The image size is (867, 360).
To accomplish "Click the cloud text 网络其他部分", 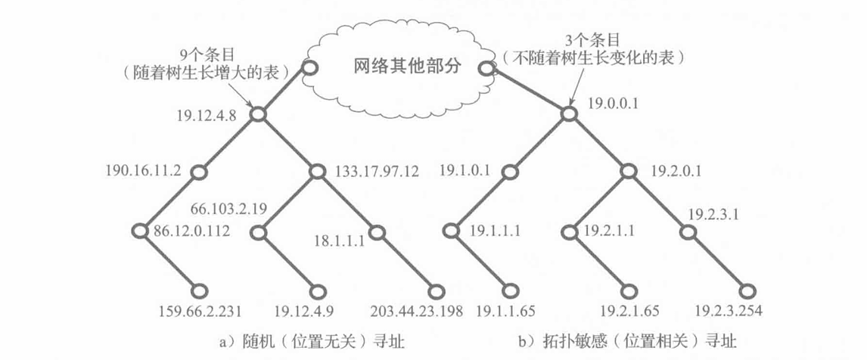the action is point(407,66).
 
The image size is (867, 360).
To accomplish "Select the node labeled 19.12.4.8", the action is point(257,115).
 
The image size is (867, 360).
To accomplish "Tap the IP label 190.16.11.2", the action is point(144,171).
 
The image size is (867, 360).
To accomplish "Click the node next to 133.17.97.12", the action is point(318,172).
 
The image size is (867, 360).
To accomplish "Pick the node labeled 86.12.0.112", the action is point(140,230).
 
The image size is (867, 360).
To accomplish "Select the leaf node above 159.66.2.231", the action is point(200,290).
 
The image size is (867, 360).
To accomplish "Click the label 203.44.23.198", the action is point(415,311).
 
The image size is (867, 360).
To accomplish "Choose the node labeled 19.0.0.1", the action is point(569,114).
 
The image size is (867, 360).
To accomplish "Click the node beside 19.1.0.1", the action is point(509,172).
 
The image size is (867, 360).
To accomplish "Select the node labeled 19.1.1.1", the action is point(449,230).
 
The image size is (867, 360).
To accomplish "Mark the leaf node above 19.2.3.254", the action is point(747,290).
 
